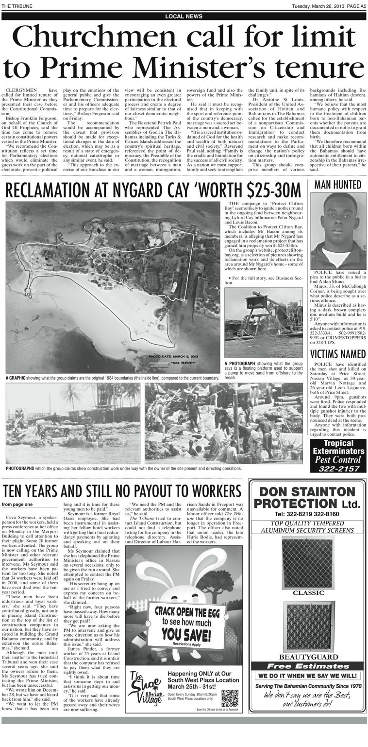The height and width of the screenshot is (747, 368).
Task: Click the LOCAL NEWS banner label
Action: coord(184,16)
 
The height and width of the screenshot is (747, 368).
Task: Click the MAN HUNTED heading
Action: coord(338,185)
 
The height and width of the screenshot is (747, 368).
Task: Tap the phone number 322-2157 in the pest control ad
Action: coord(338,469)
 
